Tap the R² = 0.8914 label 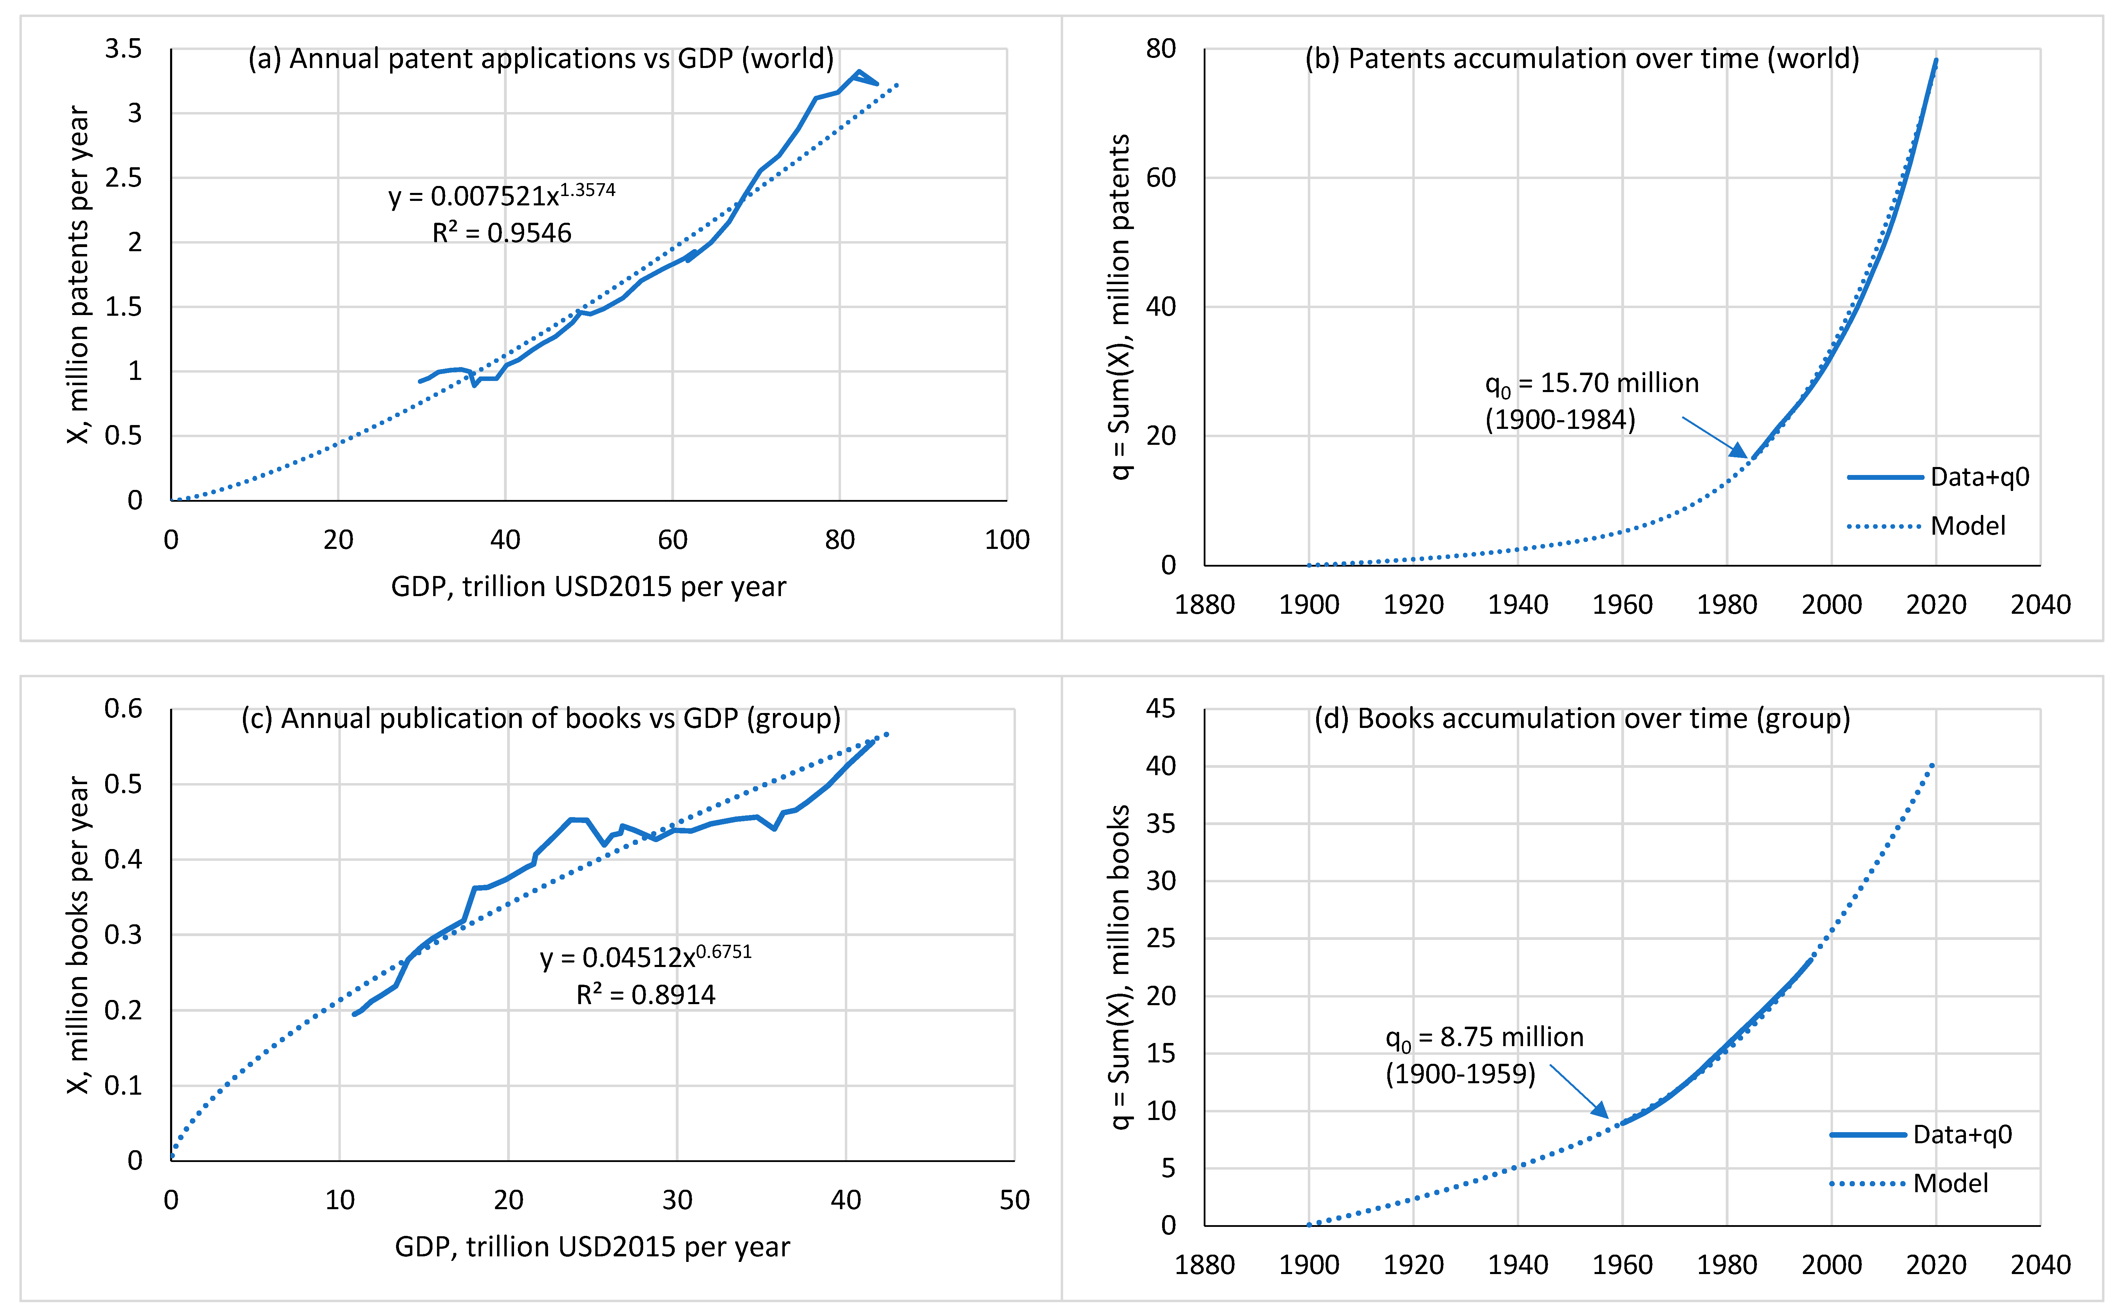tap(646, 994)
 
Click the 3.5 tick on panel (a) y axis tap(124, 49)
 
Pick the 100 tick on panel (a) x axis tap(1007, 540)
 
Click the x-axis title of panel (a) tap(588, 587)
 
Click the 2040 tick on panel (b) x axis tap(2040, 604)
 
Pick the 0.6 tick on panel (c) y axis tap(124, 709)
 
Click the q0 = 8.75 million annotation tap(1484, 1037)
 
